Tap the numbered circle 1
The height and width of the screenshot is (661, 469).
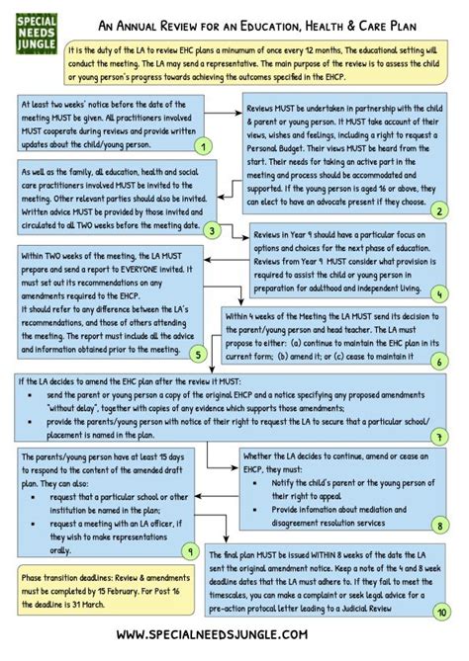[202, 146]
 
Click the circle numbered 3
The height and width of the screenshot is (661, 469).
[212, 230]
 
